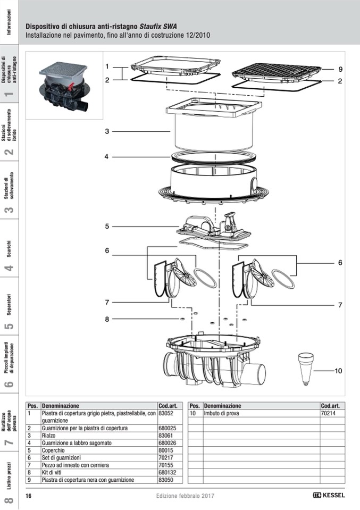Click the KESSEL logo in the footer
click(x=329, y=495)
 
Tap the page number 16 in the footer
click(x=29, y=496)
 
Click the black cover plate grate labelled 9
click(x=277, y=71)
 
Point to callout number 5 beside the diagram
click(x=107, y=226)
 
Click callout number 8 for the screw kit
click(x=107, y=319)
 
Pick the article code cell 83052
click(x=166, y=413)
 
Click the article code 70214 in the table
click(x=328, y=413)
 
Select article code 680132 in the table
click(x=168, y=472)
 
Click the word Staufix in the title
click(x=151, y=26)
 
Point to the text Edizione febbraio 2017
click(x=186, y=496)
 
